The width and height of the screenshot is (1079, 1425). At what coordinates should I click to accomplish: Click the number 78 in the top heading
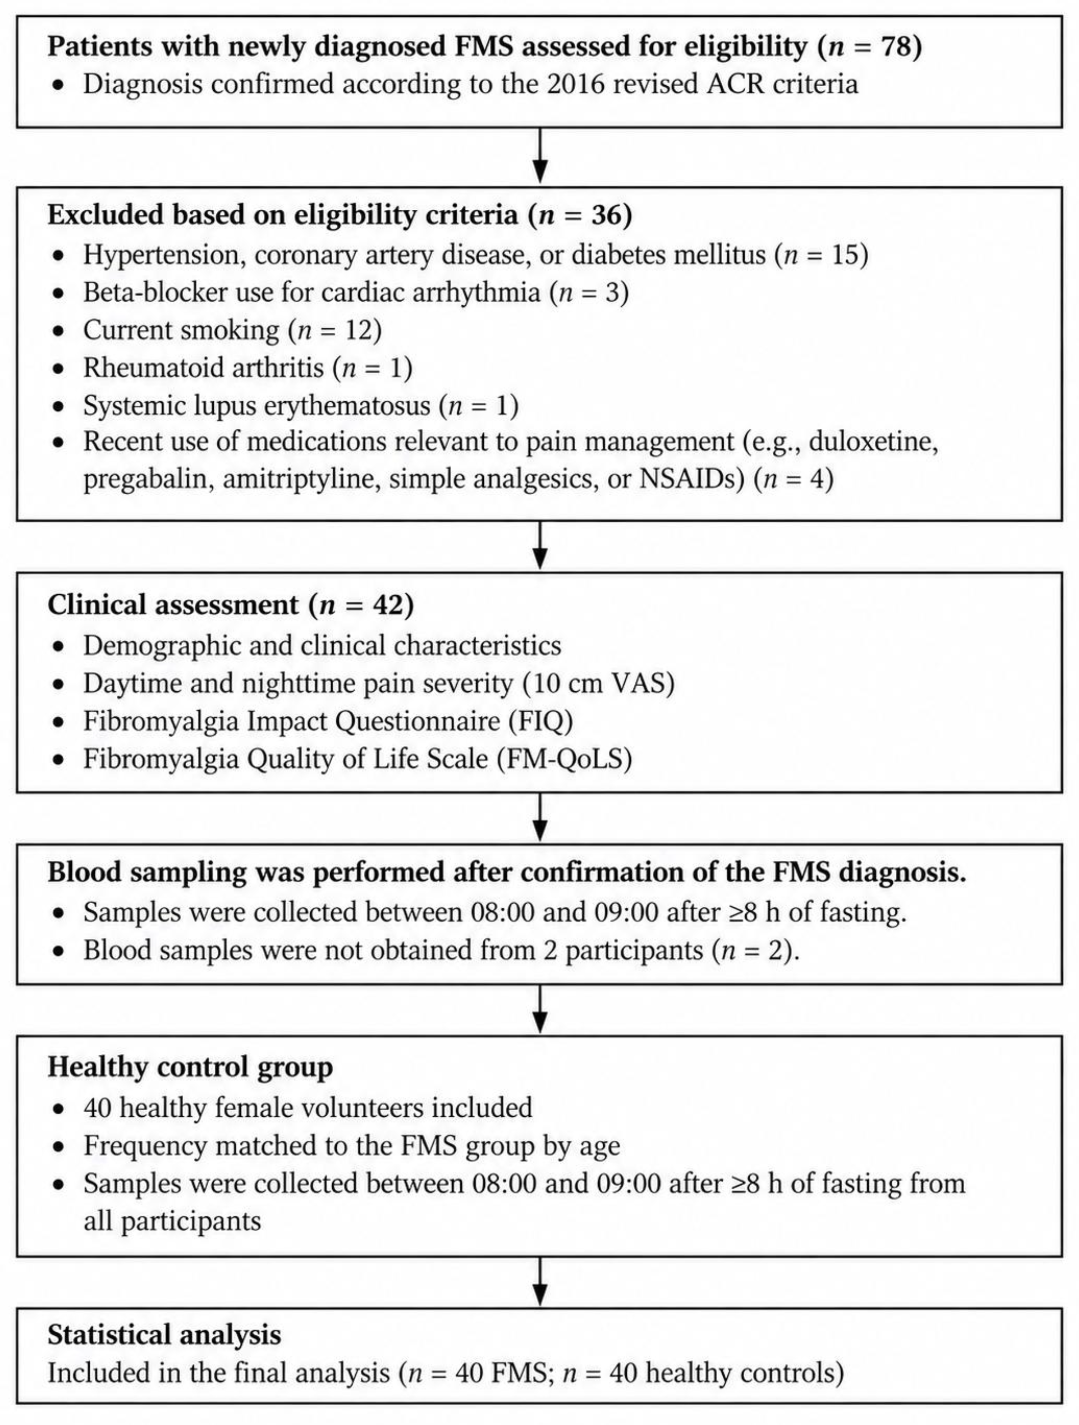[898, 46]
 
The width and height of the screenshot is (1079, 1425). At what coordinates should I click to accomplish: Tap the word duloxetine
[873, 442]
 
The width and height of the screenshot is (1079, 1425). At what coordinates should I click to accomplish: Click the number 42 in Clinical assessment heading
[389, 605]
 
